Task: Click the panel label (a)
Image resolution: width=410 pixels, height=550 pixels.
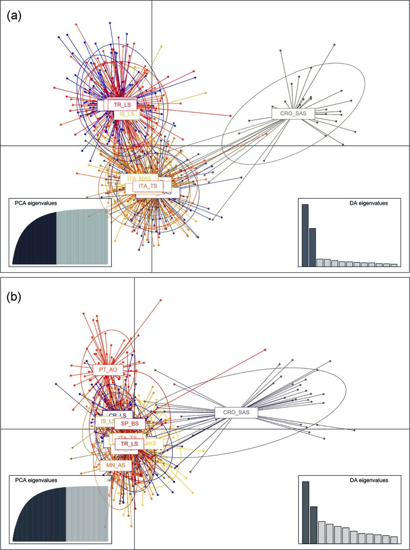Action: (x=14, y=16)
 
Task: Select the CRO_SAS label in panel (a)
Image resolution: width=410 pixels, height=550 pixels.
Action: (x=293, y=114)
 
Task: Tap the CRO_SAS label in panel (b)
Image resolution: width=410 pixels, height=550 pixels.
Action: (x=236, y=412)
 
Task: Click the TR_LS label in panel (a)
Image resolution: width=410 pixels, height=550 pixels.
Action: (x=122, y=105)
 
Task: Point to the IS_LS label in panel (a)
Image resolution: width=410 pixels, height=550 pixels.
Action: (x=127, y=114)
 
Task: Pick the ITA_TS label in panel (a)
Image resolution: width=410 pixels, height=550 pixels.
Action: (x=148, y=186)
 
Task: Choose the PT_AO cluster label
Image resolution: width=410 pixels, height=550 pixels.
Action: (x=108, y=370)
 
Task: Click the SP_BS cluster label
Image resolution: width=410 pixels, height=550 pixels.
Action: (x=130, y=423)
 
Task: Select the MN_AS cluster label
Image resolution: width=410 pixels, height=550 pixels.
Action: (x=116, y=465)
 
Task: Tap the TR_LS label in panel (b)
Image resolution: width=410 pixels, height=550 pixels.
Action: (x=129, y=444)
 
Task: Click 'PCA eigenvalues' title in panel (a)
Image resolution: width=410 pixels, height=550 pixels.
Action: (x=36, y=203)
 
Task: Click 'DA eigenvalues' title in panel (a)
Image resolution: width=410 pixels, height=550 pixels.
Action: (x=369, y=203)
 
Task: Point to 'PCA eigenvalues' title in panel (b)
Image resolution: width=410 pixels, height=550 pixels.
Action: (x=36, y=480)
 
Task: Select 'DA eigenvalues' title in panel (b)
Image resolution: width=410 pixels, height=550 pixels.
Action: (x=369, y=480)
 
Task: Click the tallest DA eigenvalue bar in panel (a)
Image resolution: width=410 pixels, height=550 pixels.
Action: (x=305, y=235)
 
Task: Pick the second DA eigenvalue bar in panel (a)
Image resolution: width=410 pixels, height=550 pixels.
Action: (x=313, y=247)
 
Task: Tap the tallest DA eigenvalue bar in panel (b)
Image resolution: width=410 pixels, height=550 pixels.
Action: (x=306, y=512)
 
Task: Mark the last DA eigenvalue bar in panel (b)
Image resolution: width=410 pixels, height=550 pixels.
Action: (x=394, y=540)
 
